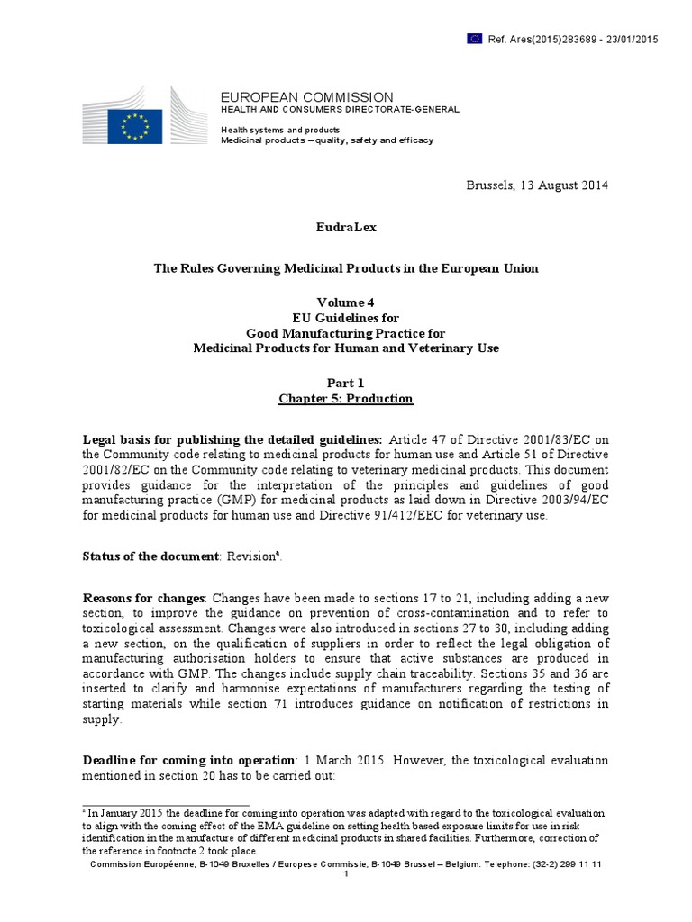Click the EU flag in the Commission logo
(x=135, y=125)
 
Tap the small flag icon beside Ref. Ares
(x=475, y=38)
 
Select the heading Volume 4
(x=345, y=303)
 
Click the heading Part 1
(x=345, y=383)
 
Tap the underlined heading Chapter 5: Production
(x=345, y=398)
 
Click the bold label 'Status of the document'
(x=150, y=557)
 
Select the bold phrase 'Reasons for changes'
(x=144, y=599)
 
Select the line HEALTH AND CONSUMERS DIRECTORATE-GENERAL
(x=341, y=109)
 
